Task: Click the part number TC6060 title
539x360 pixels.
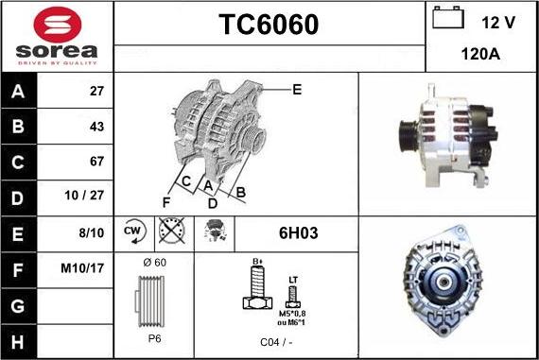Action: click(269, 25)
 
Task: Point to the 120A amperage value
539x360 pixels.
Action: click(480, 55)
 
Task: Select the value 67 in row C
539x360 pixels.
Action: click(96, 162)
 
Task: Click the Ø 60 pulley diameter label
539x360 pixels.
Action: click(153, 262)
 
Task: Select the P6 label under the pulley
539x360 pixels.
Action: click(153, 337)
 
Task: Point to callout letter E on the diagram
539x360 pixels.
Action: click(297, 90)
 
